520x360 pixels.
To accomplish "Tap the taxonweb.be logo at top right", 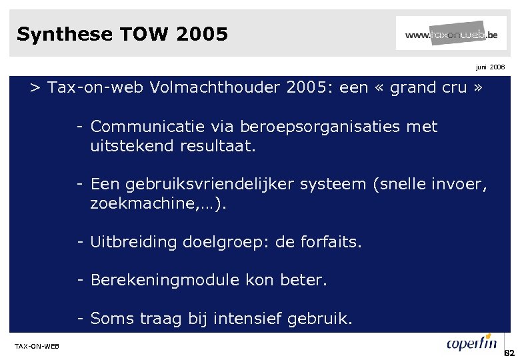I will [x=451, y=33].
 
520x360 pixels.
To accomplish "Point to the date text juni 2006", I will [x=490, y=67].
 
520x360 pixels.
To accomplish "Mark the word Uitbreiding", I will [x=127, y=242].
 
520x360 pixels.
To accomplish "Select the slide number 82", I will [x=510, y=352].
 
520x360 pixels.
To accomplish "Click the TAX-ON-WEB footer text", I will [x=37, y=345].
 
